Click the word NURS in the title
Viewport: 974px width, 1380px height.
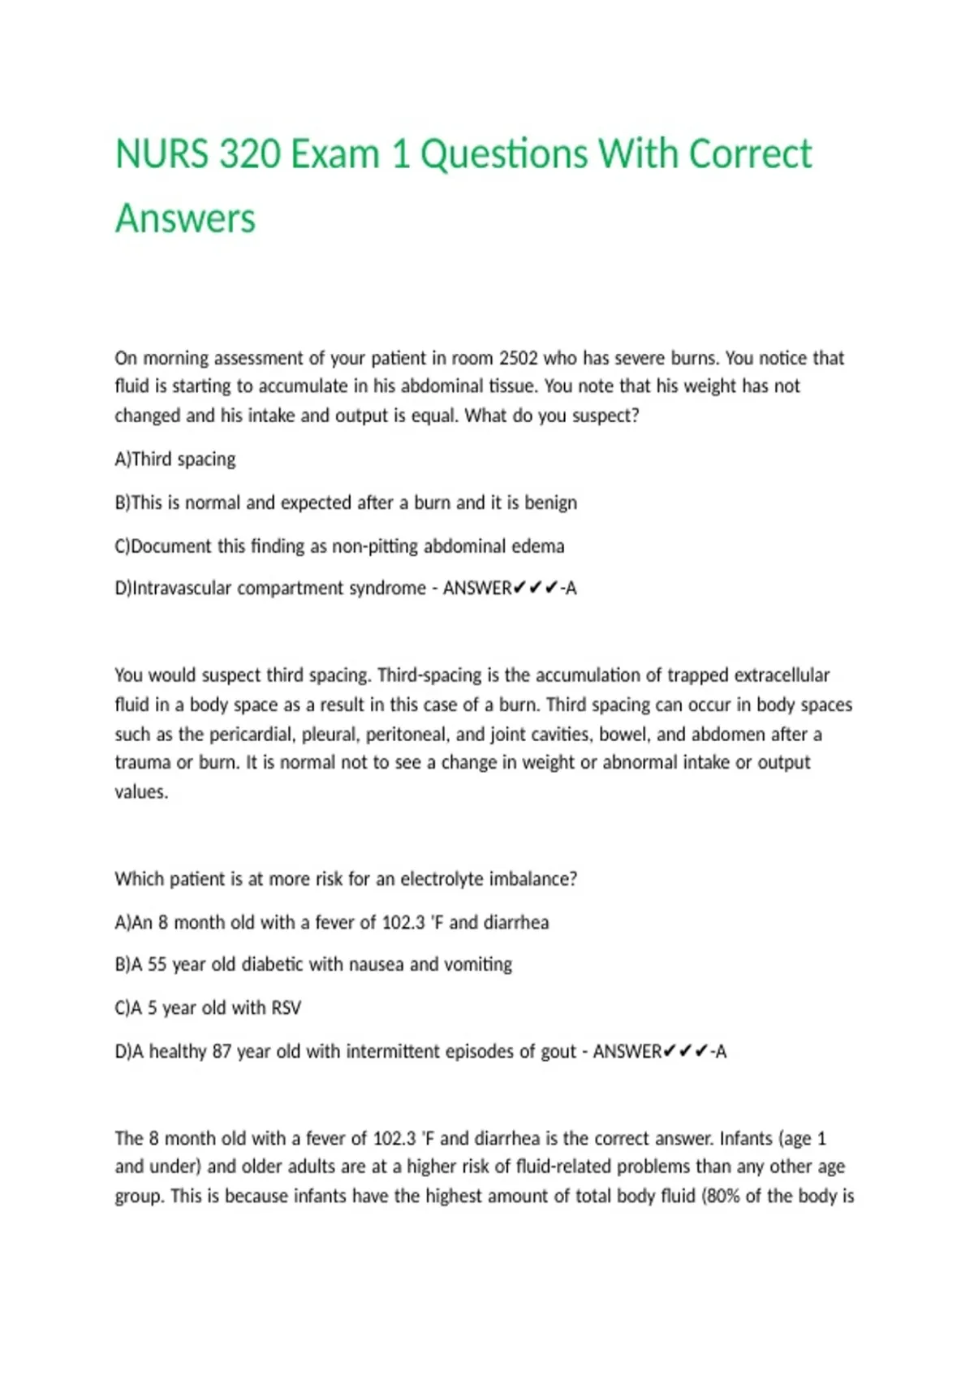[x=162, y=154]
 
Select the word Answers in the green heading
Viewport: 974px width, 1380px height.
[x=185, y=219]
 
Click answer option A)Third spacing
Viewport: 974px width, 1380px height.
[x=175, y=459]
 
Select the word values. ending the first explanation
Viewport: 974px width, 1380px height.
[x=141, y=792]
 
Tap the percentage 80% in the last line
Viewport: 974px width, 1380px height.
[x=723, y=1197]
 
